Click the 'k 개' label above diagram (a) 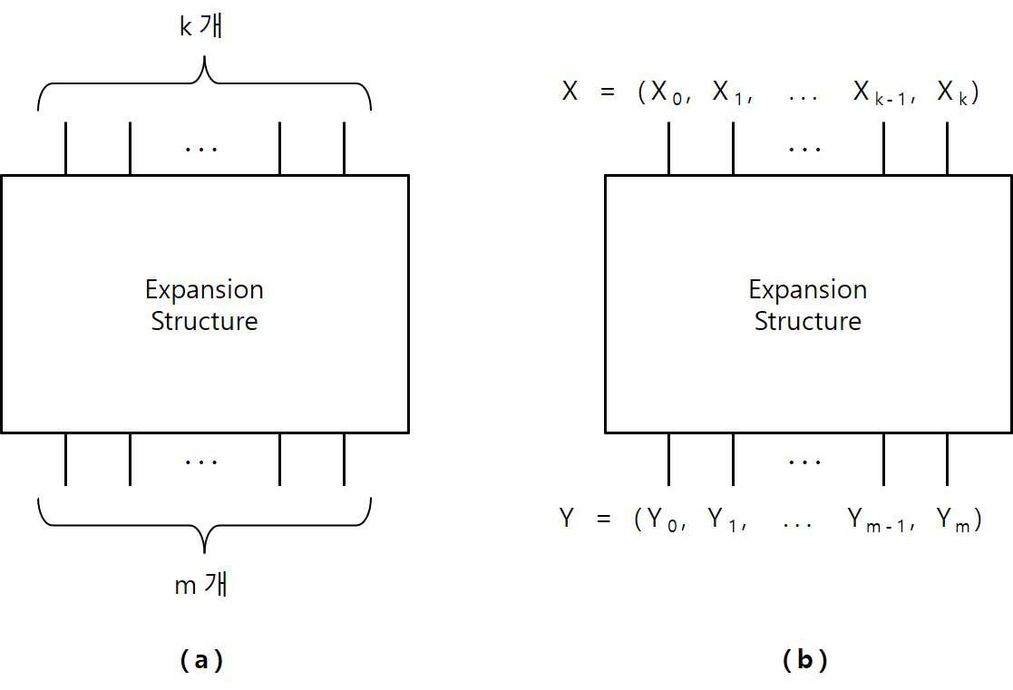click(201, 26)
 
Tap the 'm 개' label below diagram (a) click(201, 584)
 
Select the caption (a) click(201, 660)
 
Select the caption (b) click(804, 660)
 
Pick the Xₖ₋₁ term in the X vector click(880, 92)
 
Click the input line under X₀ click(668, 148)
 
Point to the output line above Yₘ click(947, 460)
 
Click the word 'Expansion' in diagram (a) click(204, 290)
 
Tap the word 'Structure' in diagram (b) click(807, 321)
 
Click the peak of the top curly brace click(204, 57)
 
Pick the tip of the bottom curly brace click(204, 552)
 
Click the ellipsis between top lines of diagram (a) click(201, 150)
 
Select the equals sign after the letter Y click(603, 519)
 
